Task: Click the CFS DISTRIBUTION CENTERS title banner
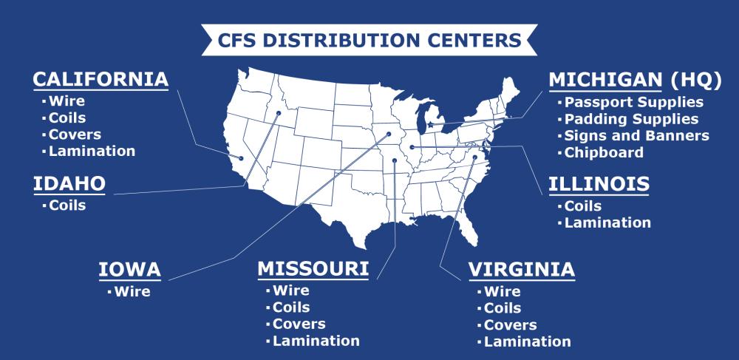tap(369, 39)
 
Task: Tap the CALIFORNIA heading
tap(101, 79)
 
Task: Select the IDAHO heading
tap(69, 184)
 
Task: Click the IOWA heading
tap(130, 270)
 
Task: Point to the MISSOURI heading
tap(313, 269)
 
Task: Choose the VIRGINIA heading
tap(522, 270)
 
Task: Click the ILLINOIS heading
tap(599, 184)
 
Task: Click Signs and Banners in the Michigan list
tap(636, 136)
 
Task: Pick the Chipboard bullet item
tap(604, 153)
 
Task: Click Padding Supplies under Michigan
tap(631, 119)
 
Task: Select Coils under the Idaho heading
tap(67, 206)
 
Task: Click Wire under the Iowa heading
tap(132, 291)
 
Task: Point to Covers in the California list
tap(75, 135)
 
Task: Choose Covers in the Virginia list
tap(511, 325)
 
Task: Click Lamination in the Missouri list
tap(316, 341)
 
